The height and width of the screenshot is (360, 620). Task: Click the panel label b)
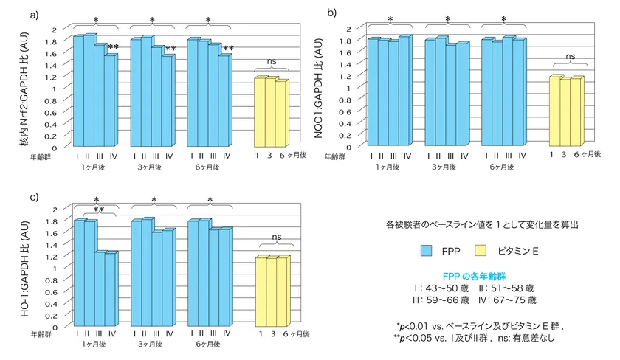(x=332, y=13)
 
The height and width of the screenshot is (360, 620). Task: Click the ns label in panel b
(x=571, y=56)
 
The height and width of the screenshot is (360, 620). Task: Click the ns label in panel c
(x=276, y=237)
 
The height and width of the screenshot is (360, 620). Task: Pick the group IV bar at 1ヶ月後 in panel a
(x=110, y=100)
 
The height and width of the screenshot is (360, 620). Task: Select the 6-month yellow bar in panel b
(x=576, y=111)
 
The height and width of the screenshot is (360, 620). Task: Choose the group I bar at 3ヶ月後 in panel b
(x=430, y=92)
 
